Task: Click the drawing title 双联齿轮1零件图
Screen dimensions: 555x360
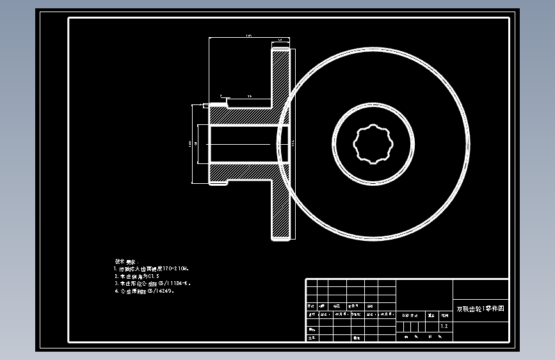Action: click(x=480, y=308)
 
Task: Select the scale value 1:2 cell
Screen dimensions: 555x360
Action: click(x=444, y=326)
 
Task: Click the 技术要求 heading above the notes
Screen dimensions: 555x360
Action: click(x=125, y=261)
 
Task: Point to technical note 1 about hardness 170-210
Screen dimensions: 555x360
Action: click(x=151, y=269)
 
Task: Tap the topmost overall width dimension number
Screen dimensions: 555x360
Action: click(x=248, y=37)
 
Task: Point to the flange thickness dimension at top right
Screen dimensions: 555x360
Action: click(x=280, y=40)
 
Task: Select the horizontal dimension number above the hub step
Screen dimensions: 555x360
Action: click(x=248, y=96)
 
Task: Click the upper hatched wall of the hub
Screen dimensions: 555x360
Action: click(x=240, y=115)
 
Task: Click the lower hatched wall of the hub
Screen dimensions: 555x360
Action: click(x=240, y=173)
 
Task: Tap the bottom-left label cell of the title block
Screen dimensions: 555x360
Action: click(x=312, y=337)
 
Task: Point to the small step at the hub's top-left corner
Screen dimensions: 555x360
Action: click(x=206, y=106)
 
